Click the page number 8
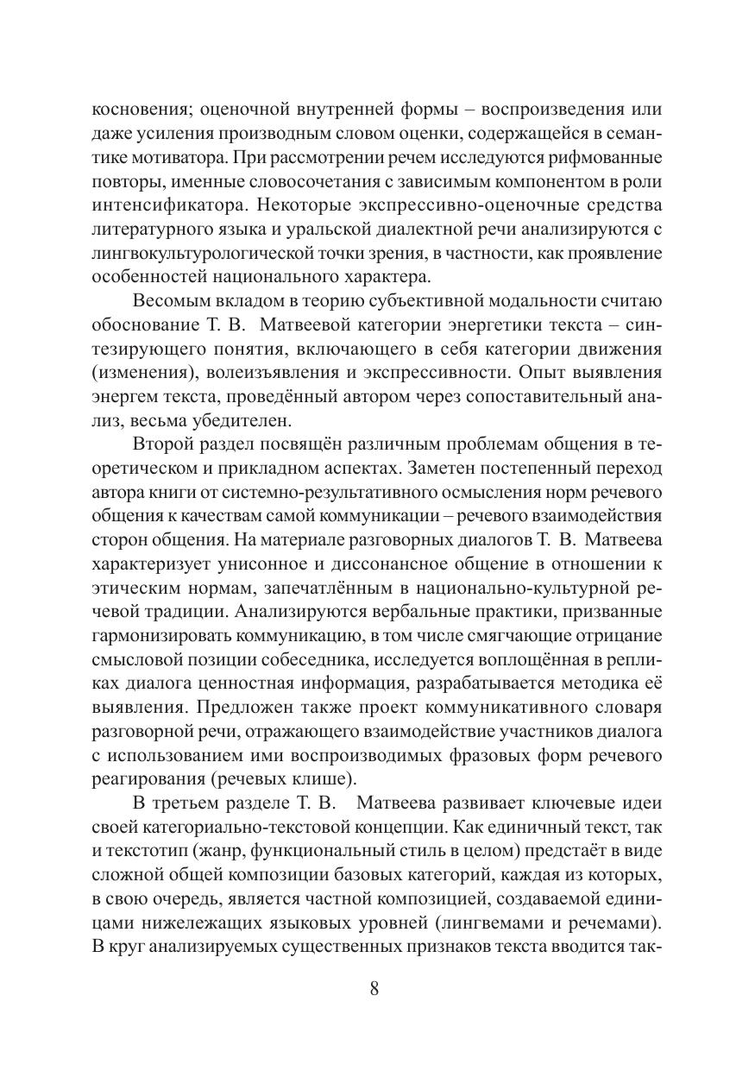coord(374,989)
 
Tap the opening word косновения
coord(142,110)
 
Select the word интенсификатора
coord(162,206)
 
